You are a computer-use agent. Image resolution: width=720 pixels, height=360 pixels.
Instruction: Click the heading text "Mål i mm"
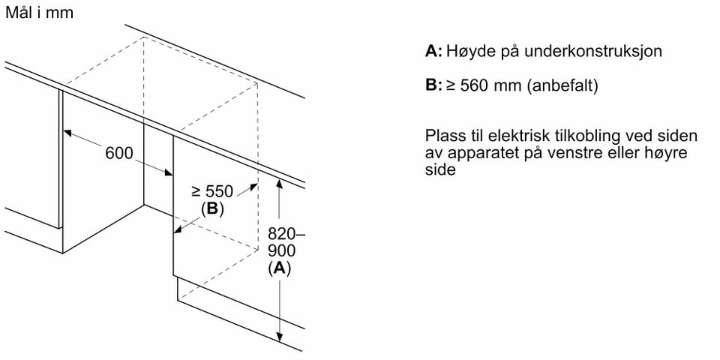click(x=39, y=13)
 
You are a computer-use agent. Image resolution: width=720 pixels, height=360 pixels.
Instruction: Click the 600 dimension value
click(x=119, y=153)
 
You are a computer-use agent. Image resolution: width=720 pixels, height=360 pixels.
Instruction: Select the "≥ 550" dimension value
click(x=212, y=191)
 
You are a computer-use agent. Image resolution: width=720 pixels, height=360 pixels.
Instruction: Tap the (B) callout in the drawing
click(x=212, y=209)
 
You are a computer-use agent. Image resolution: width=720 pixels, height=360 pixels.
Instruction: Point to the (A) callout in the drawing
click(x=279, y=268)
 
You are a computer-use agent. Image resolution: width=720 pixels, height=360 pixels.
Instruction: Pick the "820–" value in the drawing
click(x=286, y=234)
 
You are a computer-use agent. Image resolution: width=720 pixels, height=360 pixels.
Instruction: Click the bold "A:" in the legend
click(x=434, y=51)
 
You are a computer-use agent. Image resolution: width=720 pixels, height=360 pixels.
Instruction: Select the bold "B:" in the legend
click(x=434, y=85)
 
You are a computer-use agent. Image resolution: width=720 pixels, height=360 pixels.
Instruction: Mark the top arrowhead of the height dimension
click(x=279, y=183)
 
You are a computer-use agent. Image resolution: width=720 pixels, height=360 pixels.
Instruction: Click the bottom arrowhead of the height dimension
click(x=279, y=337)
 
